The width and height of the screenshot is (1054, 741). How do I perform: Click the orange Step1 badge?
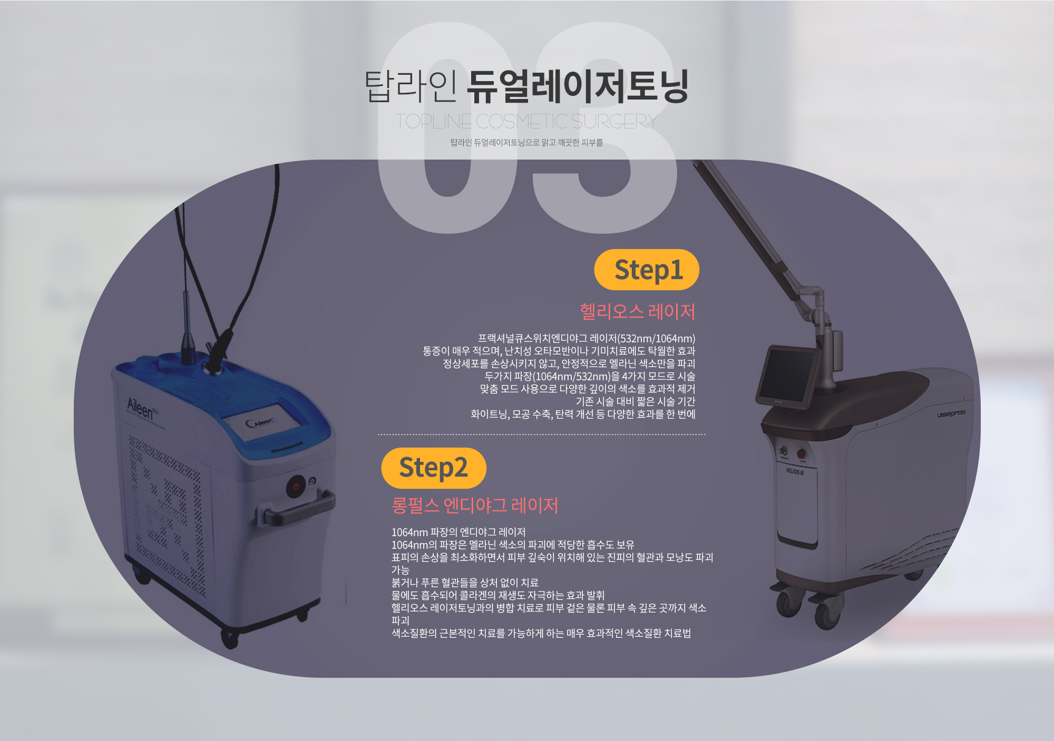[x=647, y=270]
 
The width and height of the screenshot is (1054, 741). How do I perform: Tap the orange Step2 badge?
[x=434, y=468]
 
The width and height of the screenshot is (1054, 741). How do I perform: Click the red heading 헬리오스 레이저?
[x=637, y=312]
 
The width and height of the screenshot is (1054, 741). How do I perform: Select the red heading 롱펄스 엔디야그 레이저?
[x=475, y=506]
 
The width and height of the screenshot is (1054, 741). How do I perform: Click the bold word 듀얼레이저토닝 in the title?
[x=578, y=86]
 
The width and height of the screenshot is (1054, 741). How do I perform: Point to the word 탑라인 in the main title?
[x=411, y=86]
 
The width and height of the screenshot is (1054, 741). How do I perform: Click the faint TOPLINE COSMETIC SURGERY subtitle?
[x=526, y=122]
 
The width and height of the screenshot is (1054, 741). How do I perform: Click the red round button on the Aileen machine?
[x=296, y=486]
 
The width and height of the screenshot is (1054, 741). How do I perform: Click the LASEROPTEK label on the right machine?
[x=951, y=414]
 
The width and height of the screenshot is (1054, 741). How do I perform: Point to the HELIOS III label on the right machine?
[x=795, y=471]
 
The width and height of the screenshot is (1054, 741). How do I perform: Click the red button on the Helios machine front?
[x=801, y=453]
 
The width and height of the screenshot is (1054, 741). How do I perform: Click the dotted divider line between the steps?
[x=541, y=434]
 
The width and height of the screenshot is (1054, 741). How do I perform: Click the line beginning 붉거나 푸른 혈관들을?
[x=465, y=582]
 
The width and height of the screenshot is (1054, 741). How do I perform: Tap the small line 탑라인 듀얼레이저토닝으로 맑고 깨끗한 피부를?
[x=526, y=143]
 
